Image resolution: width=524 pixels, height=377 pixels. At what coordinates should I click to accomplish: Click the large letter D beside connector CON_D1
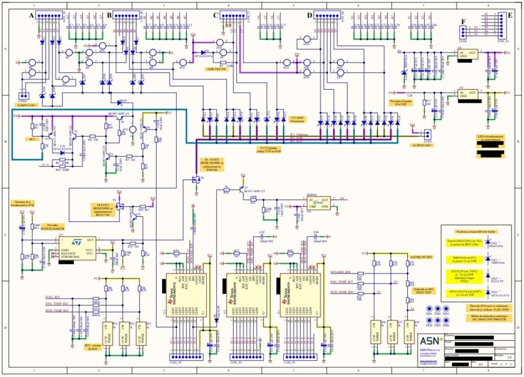[309, 16]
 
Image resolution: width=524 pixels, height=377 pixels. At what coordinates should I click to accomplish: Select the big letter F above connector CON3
[463, 22]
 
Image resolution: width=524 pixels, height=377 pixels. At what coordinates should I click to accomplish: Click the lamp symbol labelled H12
[133, 130]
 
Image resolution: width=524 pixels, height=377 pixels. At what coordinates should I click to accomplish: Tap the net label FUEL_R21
[53, 297]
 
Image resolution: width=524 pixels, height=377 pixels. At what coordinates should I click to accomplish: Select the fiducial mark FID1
[430, 309]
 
